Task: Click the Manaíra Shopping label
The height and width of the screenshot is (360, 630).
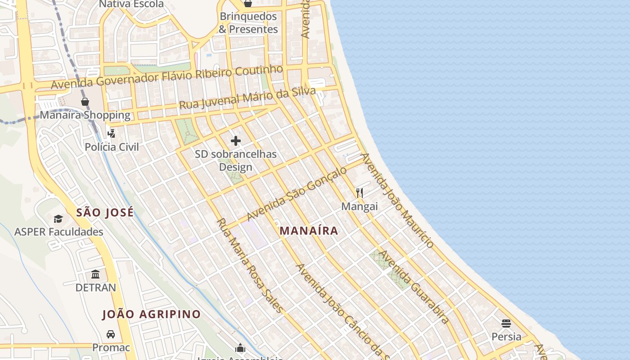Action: pos(85,115)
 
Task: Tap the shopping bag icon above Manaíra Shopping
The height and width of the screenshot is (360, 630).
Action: pos(85,102)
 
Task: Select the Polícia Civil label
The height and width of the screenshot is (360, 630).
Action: pos(112,147)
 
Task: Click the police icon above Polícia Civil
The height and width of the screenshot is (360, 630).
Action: pos(112,133)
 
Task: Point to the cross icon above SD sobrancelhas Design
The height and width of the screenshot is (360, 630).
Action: pos(236,141)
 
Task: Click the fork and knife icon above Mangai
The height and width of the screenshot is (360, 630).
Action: pos(359,193)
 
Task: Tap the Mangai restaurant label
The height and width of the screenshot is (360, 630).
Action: pos(359,207)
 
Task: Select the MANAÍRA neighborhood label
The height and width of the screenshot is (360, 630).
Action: pos(309,231)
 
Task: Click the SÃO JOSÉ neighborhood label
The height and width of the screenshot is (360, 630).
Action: pos(105,212)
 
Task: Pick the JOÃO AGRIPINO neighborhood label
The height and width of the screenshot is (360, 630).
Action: pos(151,315)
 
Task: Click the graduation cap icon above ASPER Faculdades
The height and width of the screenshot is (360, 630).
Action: pos(58,219)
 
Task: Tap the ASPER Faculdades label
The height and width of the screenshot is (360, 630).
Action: pos(58,232)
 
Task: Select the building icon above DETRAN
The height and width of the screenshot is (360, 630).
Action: pos(95,274)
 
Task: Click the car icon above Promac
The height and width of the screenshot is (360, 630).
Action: pos(111,334)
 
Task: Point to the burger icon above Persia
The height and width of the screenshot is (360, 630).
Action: pos(506,323)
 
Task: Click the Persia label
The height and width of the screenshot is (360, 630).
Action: pos(506,337)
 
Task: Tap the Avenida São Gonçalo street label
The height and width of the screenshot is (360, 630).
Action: pos(297,193)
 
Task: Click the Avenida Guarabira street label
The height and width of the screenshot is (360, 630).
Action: pos(414,287)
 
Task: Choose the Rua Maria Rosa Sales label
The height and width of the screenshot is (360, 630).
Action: pos(250,265)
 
